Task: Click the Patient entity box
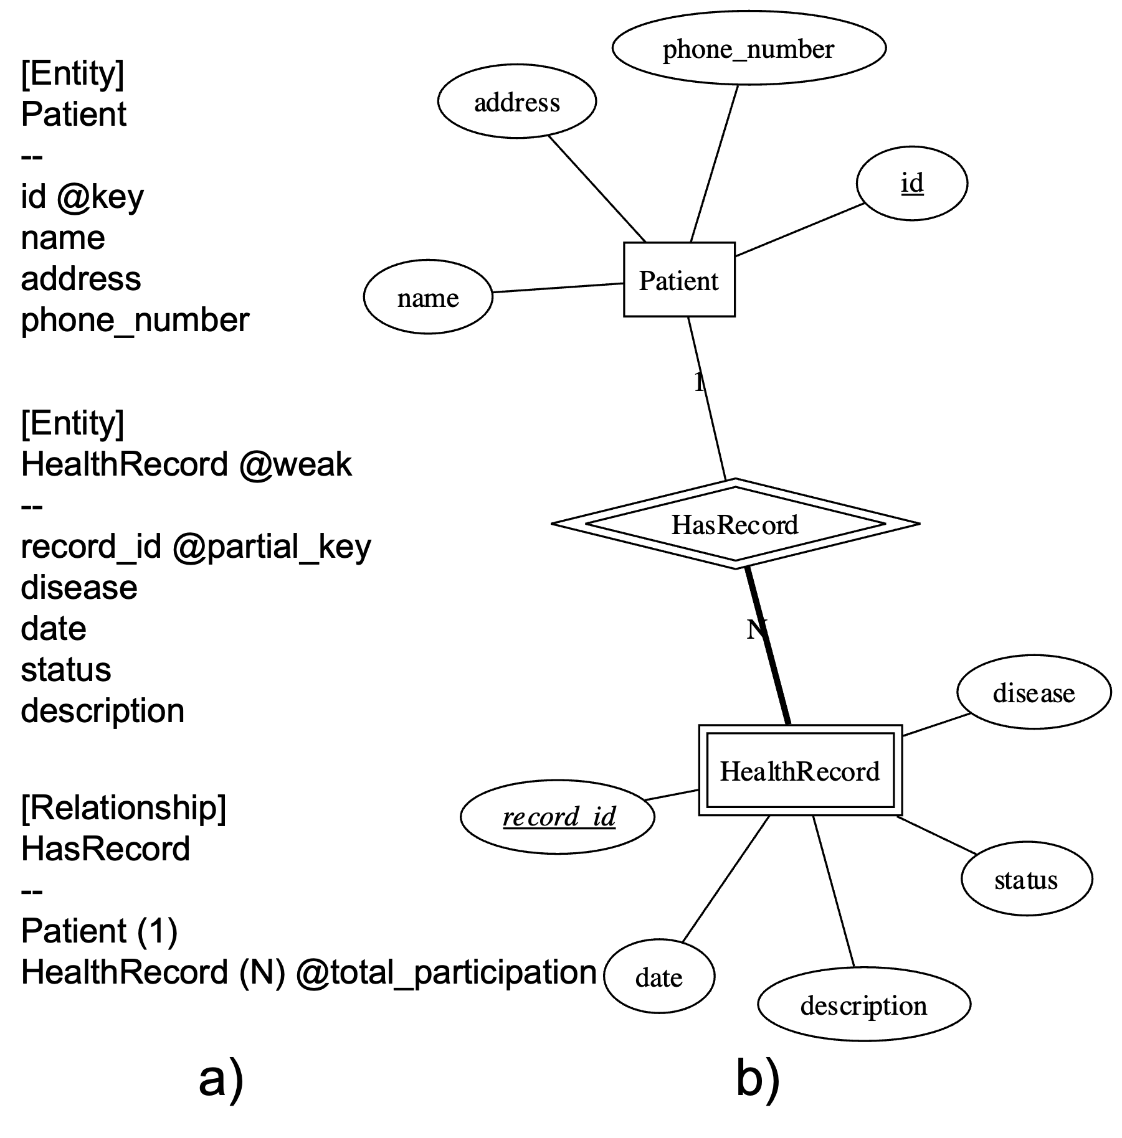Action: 679,280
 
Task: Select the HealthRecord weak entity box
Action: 800,771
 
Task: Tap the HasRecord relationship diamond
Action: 735,524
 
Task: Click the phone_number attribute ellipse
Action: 749,49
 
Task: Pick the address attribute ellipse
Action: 517,101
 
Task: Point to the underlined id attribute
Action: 912,184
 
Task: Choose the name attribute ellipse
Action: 428,298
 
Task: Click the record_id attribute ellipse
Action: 558,817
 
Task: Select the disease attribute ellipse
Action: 1034,692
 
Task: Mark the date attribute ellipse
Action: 659,977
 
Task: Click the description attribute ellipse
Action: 864,1005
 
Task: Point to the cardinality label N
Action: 756,630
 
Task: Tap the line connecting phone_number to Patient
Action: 715,163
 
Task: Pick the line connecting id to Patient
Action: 799,230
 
